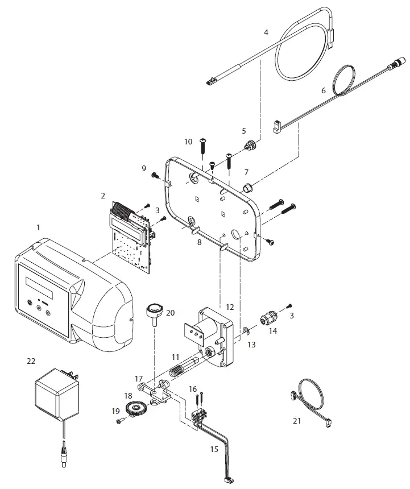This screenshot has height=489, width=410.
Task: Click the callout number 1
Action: (39, 227)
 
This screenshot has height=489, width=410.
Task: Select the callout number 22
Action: (31, 360)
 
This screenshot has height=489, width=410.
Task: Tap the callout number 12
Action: (230, 306)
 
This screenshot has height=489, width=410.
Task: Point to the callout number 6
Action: (324, 90)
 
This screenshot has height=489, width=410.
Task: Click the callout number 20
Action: (170, 313)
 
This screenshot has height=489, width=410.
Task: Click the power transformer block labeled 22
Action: (56, 395)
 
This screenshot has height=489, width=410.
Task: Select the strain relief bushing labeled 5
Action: (249, 146)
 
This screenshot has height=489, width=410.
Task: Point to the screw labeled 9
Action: (154, 176)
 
